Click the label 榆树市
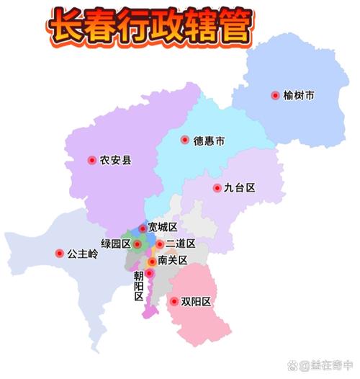[300, 95]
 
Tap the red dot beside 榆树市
[275, 95]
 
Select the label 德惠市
[208, 141]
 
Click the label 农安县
[115, 160]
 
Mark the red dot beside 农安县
[91, 160]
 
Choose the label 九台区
[239, 188]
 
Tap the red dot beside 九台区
[217, 188]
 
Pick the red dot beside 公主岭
[59, 254]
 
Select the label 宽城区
[162, 228]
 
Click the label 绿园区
[115, 244]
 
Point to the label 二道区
[181, 244]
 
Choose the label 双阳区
[196, 302]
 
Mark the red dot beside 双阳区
[174, 302]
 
